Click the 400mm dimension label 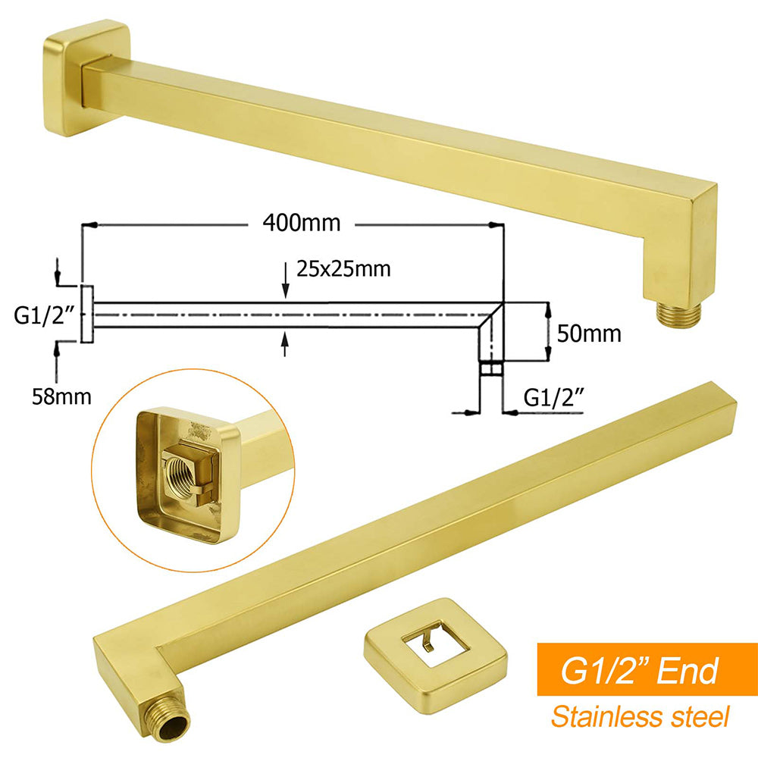click(302, 224)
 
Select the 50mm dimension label click(588, 333)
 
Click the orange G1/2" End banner click(639, 669)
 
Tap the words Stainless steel click(639, 716)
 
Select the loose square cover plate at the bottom click(434, 649)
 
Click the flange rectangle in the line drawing click(86, 315)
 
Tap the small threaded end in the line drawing click(490, 369)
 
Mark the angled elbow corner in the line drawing click(494, 312)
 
